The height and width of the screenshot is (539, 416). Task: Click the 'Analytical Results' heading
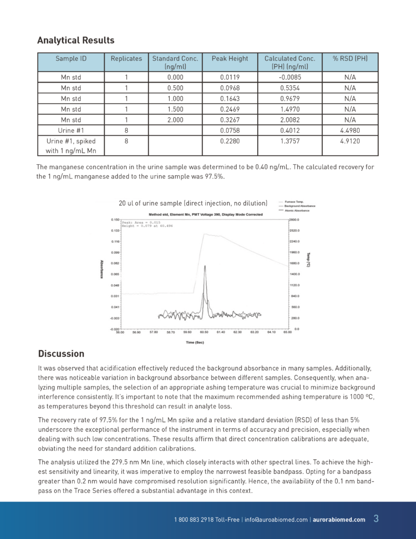pos(76,41)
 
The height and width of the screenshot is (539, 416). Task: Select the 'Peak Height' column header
pos(229,58)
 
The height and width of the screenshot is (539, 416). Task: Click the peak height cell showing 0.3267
pos(229,119)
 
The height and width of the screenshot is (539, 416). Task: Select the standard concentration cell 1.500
pos(175,109)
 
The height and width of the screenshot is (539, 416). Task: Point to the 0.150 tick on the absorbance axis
pos(115,219)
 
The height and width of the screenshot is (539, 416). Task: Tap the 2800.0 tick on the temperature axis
pos(294,219)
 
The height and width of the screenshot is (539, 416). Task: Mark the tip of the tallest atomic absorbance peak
pos(205,266)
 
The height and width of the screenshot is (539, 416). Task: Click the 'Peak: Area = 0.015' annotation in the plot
pos(140,222)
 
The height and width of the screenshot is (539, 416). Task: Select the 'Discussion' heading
pos(61,354)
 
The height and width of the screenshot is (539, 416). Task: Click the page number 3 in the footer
pos(376,518)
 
